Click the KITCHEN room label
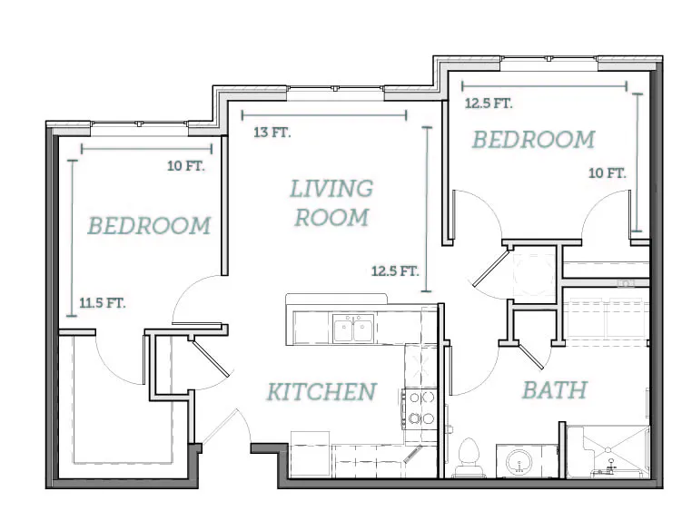[x=321, y=392]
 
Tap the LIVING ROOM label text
[x=331, y=203]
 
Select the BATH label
[x=555, y=390]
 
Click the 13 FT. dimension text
[x=272, y=132]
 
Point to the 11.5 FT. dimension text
[x=103, y=303]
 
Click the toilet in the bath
[x=469, y=457]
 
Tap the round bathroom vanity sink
[x=519, y=462]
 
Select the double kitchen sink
[x=353, y=329]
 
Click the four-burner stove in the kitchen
[x=420, y=409]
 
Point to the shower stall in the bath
[x=608, y=451]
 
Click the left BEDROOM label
[x=149, y=225]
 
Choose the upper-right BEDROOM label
[x=534, y=140]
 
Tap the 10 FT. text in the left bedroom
[x=186, y=166]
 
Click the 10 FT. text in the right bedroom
[x=608, y=173]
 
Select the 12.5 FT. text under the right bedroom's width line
[x=489, y=103]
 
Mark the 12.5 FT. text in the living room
[x=395, y=270]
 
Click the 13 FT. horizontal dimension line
[x=324, y=115]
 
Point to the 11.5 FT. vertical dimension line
[x=72, y=238]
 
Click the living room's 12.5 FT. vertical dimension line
[x=426, y=209]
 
